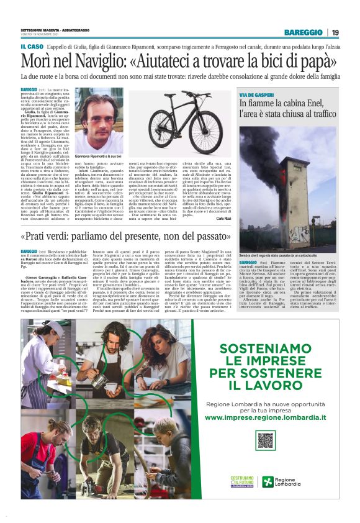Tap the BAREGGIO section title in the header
304,32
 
